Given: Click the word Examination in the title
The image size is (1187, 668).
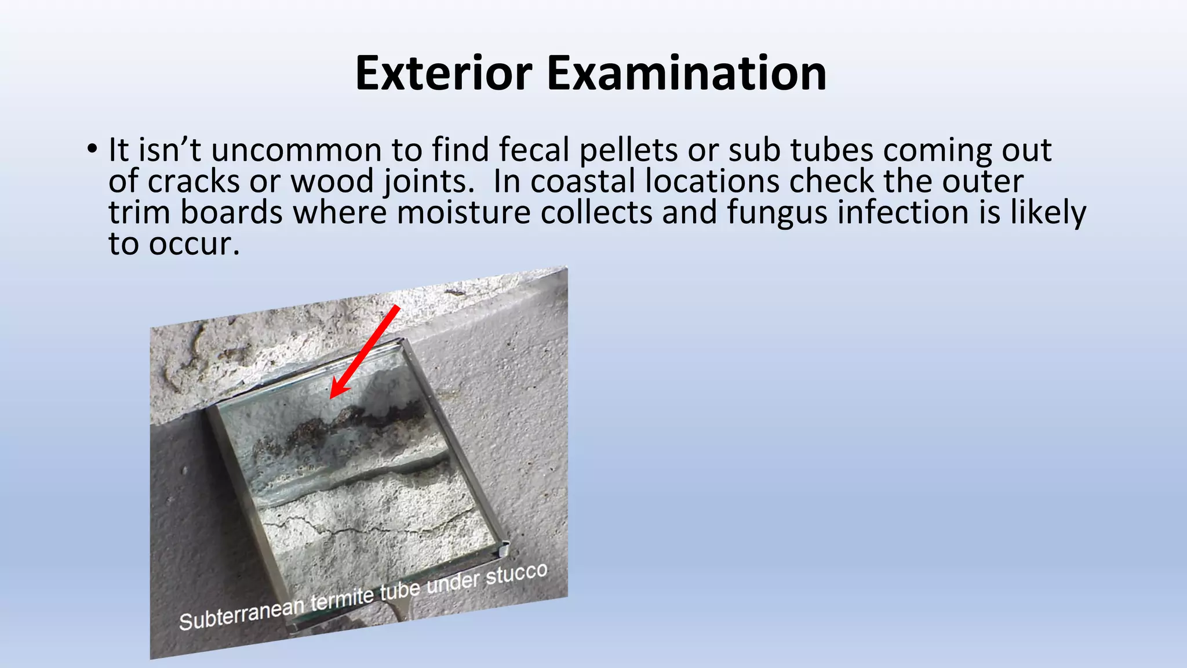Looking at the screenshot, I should (x=686, y=74).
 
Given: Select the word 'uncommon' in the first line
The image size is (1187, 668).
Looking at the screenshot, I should (x=296, y=150).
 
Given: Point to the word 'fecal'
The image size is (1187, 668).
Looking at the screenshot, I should (x=534, y=150).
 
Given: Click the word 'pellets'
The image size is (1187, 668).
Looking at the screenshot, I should (x=628, y=150).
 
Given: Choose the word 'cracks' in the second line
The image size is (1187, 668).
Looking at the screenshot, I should (x=194, y=181).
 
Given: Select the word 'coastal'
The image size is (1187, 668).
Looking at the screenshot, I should (x=582, y=181).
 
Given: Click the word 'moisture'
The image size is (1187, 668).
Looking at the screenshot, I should (x=463, y=212).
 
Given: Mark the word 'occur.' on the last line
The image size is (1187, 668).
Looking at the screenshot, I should (x=194, y=244).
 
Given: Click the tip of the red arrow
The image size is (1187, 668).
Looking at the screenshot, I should (x=332, y=397).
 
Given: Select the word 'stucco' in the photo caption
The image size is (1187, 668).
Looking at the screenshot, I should (x=516, y=574).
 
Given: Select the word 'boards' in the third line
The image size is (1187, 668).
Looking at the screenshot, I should (x=231, y=212).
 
